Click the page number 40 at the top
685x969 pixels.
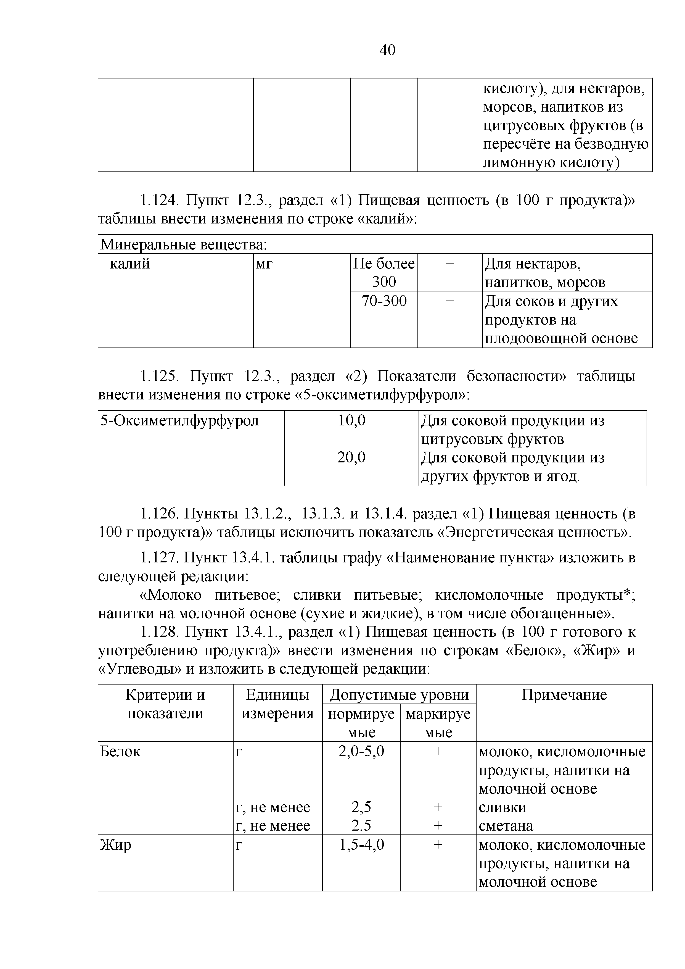coord(387,50)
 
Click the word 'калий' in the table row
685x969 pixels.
coord(130,264)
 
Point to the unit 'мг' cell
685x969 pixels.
coord(265,264)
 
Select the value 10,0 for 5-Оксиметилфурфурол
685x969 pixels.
coord(351,420)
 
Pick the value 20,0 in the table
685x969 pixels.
coord(351,457)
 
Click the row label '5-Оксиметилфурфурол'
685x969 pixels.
coord(179,420)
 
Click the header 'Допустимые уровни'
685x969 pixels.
coord(399,695)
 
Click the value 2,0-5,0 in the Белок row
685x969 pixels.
coord(361,752)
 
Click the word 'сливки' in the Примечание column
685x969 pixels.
coord(502,807)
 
